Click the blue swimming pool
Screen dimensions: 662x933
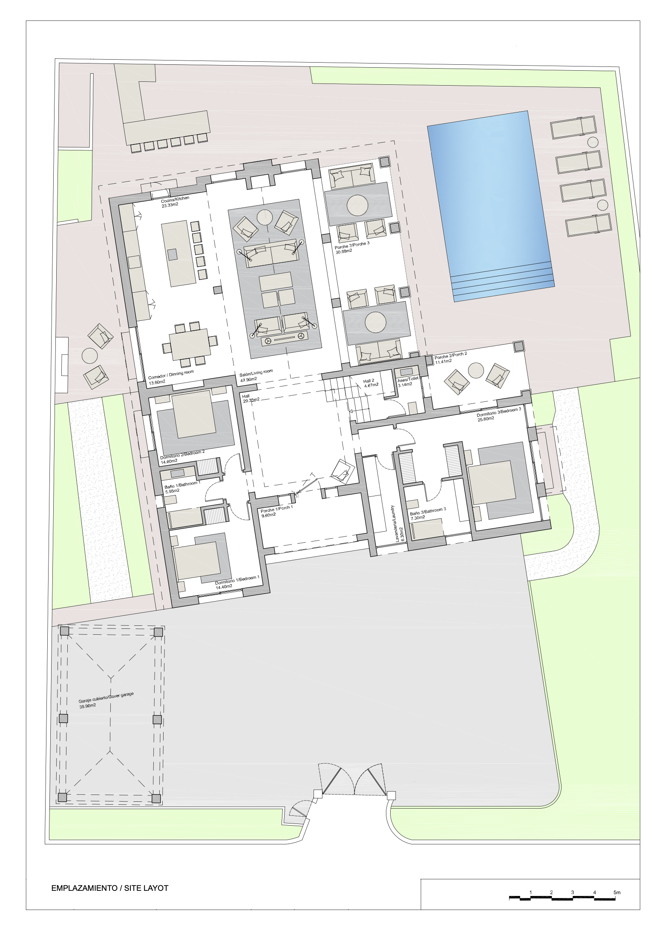click(491, 206)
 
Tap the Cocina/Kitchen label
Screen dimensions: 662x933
click(175, 199)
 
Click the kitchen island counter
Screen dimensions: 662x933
click(179, 253)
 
